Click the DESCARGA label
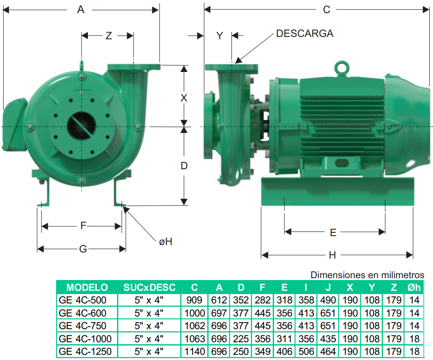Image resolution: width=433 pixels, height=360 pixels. point(304,33)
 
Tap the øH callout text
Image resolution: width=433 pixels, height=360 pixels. point(166,242)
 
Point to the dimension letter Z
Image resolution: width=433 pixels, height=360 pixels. point(108,36)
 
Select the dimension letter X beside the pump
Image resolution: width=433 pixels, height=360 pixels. point(184,98)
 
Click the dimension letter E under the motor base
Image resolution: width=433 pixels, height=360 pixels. point(333,232)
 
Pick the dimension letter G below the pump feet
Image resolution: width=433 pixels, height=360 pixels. point(83,249)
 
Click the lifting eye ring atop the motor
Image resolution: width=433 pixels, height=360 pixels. point(342,67)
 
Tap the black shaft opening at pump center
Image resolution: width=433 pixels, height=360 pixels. point(81,126)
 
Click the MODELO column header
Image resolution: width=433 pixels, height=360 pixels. point(87,288)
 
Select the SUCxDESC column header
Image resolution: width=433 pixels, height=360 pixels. point(149,288)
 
